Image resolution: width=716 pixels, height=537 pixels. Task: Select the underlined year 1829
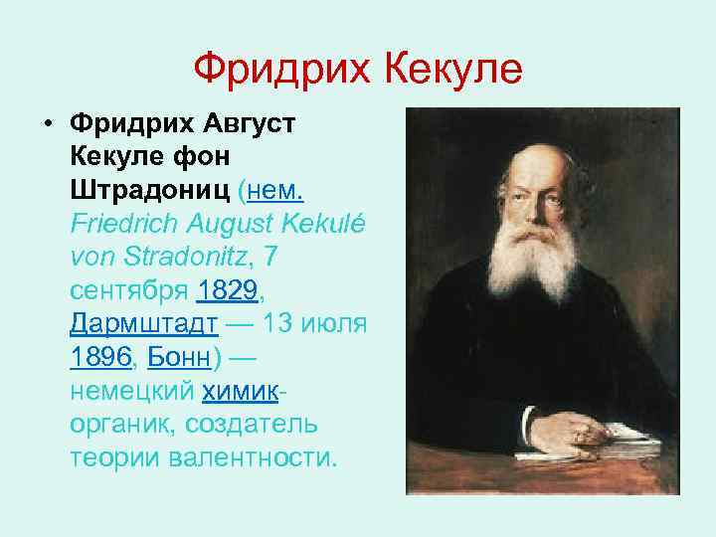point(227,290)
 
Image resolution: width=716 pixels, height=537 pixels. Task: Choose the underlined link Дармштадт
point(144,324)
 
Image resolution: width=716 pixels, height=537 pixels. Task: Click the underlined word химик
point(242,391)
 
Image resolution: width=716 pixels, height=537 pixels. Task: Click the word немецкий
point(131,391)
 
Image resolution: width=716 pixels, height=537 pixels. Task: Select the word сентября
point(129,290)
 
